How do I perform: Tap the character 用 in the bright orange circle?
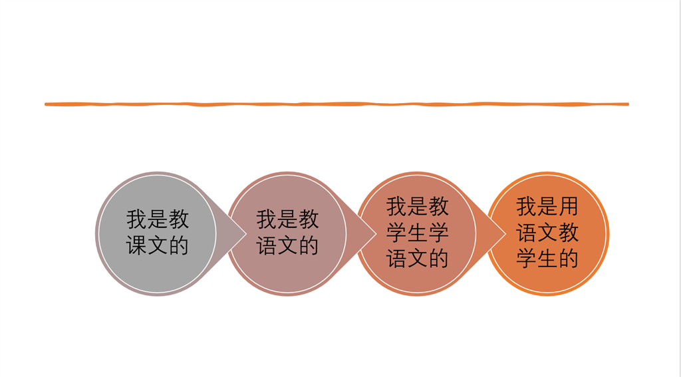[x=569, y=206]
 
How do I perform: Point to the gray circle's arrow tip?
[x=246, y=234]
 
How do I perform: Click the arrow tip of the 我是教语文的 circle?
[x=376, y=234]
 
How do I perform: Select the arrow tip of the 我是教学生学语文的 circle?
[x=506, y=234]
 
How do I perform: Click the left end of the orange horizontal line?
[x=45, y=104]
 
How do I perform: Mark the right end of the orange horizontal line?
[x=628, y=104]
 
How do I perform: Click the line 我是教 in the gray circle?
[x=157, y=219]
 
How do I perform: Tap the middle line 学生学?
[x=417, y=233]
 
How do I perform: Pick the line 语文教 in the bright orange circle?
[x=547, y=233]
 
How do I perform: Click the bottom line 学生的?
[x=547, y=259]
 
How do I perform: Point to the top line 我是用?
[x=547, y=206]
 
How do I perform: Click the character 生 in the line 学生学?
[x=417, y=233]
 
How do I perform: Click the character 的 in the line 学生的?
[x=569, y=259]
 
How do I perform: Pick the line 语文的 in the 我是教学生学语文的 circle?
[x=417, y=259]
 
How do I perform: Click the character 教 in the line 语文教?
[x=569, y=233]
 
